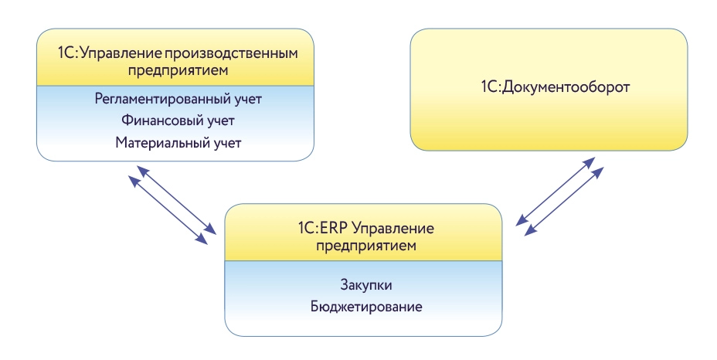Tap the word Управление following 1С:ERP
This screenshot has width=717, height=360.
click(x=403, y=229)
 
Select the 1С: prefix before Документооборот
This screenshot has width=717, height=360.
click(x=491, y=87)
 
